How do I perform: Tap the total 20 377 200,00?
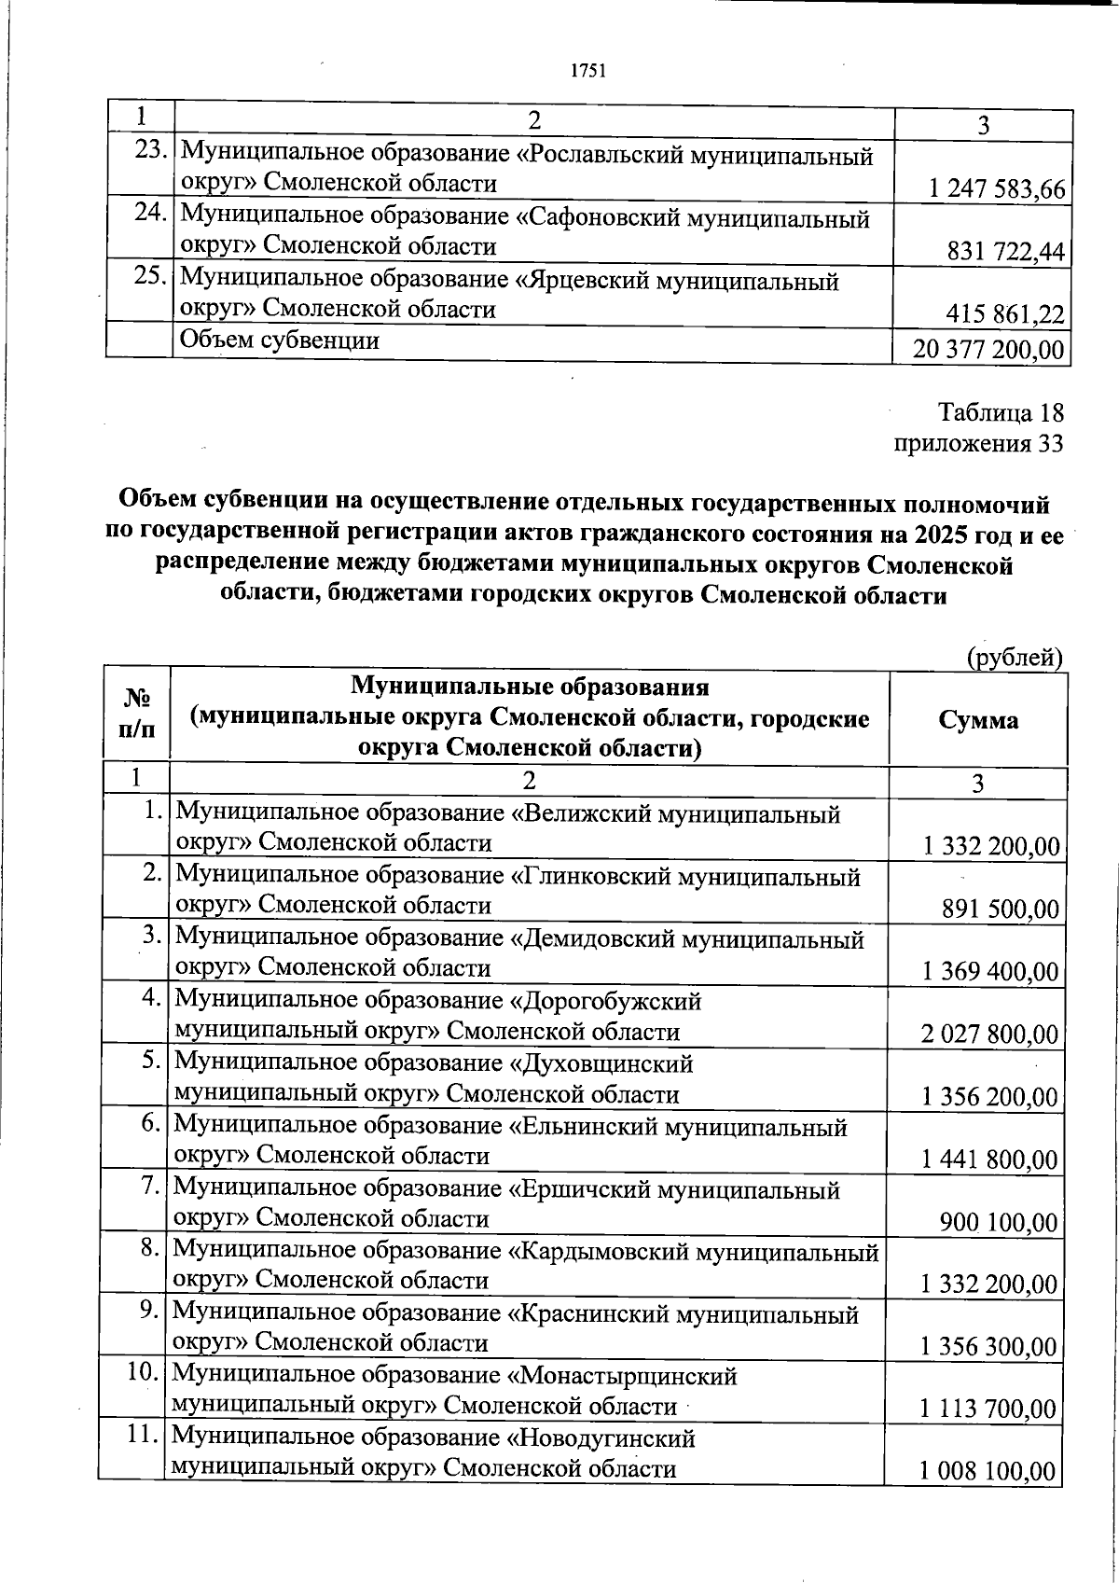pos(978,350)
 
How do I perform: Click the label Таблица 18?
pos(1000,413)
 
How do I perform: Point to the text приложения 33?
pos(978,444)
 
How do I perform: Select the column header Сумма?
pos(978,719)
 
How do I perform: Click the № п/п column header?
pos(137,715)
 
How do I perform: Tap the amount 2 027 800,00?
pos(989,1035)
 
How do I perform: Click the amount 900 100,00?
pos(999,1223)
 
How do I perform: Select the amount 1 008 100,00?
pos(988,1473)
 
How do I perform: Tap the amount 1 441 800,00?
pos(989,1160)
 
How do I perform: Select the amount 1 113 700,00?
pos(988,1409)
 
